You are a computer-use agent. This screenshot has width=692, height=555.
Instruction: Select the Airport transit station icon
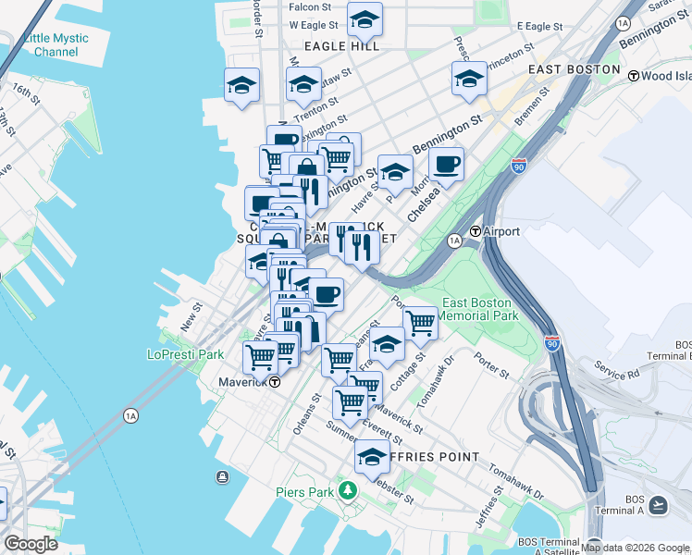476,231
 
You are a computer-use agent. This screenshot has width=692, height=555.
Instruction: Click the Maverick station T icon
274,380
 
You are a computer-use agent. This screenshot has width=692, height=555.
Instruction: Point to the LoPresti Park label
186,354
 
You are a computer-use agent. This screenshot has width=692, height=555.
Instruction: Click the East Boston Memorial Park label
477,309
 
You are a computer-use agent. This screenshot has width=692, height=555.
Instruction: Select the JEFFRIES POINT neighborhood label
432,457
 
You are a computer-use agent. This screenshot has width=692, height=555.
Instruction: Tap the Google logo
31,544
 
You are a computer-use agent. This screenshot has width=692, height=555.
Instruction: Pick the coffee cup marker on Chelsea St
447,164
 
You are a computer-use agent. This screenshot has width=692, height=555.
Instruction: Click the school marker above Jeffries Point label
372,456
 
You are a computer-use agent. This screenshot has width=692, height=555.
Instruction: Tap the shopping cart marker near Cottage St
420,322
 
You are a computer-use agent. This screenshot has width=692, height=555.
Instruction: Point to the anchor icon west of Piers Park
222,477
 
